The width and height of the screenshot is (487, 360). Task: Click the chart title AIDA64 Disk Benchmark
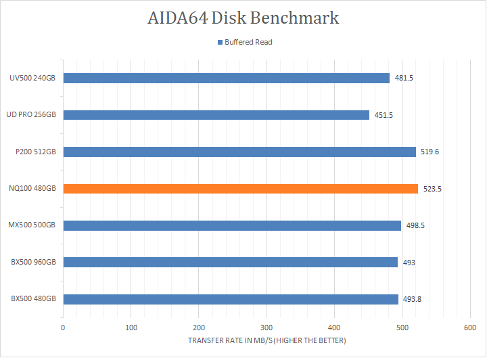[x=243, y=18]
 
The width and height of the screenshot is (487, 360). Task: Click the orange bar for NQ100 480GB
[x=240, y=189]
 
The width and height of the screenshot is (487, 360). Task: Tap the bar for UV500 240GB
[x=226, y=78]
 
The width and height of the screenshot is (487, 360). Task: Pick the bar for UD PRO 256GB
[x=216, y=115]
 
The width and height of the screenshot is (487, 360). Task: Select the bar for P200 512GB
[x=239, y=152]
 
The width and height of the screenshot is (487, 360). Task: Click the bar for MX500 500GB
[x=232, y=225]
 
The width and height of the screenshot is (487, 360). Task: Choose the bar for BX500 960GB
[x=230, y=262]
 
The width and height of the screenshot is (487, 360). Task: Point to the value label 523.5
[x=432, y=189]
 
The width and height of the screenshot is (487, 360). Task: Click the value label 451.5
[x=384, y=115]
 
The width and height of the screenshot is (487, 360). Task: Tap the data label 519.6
[x=430, y=152]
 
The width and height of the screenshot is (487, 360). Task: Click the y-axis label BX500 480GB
[x=33, y=299]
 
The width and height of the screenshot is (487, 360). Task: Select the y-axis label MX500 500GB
[x=33, y=225]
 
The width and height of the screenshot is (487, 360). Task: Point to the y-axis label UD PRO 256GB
[x=32, y=115]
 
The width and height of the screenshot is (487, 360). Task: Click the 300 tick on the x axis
[x=266, y=328]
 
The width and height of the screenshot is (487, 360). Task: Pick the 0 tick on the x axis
[x=63, y=328]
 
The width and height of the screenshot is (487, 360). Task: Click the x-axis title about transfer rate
[x=266, y=340]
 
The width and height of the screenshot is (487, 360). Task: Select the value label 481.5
[x=404, y=78]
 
